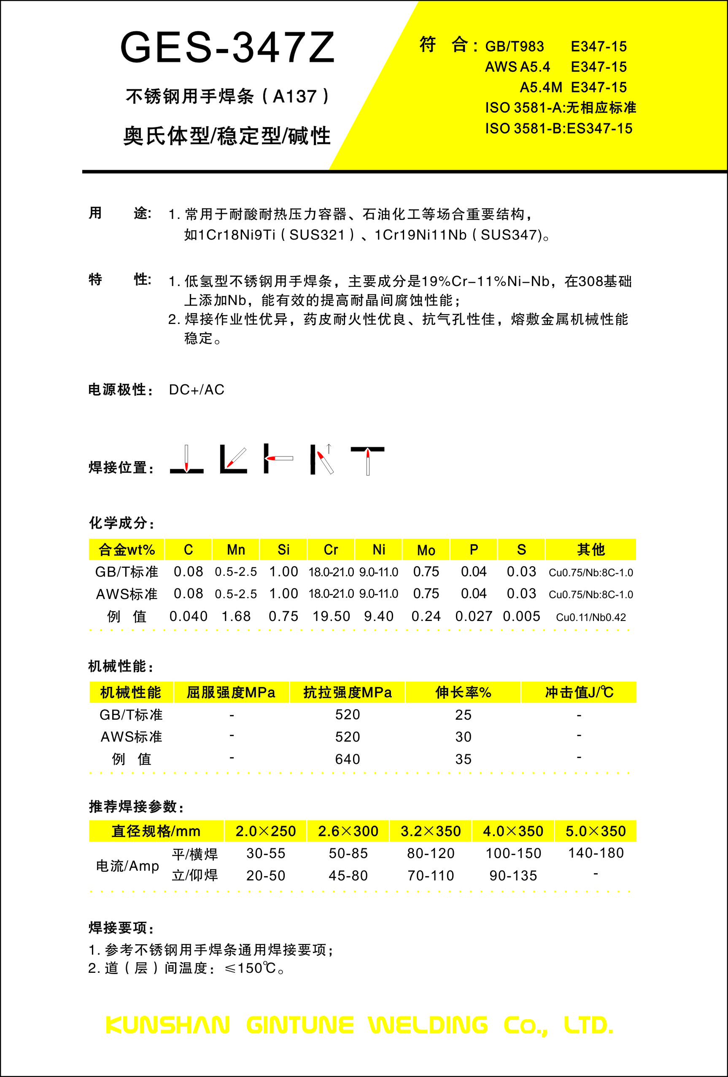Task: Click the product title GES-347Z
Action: coord(227,48)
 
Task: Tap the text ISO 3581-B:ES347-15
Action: coord(558,128)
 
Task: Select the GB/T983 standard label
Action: coord(515,47)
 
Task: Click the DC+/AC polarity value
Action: coord(197,390)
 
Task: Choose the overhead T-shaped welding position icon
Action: coord(367,460)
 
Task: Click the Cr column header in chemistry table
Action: coord(331,550)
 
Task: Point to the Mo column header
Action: coord(426,550)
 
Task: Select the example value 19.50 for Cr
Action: coord(331,616)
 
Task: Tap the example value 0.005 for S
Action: coord(521,616)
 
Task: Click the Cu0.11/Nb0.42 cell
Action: coord(591,617)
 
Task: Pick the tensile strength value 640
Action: coord(348,759)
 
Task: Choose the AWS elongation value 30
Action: coord(464,737)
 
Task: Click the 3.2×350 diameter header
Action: coord(431,831)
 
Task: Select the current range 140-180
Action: coord(596,853)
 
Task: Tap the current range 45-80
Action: coord(348,875)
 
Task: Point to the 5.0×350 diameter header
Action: coord(596,831)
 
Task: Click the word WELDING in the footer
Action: coord(428,1025)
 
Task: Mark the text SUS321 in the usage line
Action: coord(317,235)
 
